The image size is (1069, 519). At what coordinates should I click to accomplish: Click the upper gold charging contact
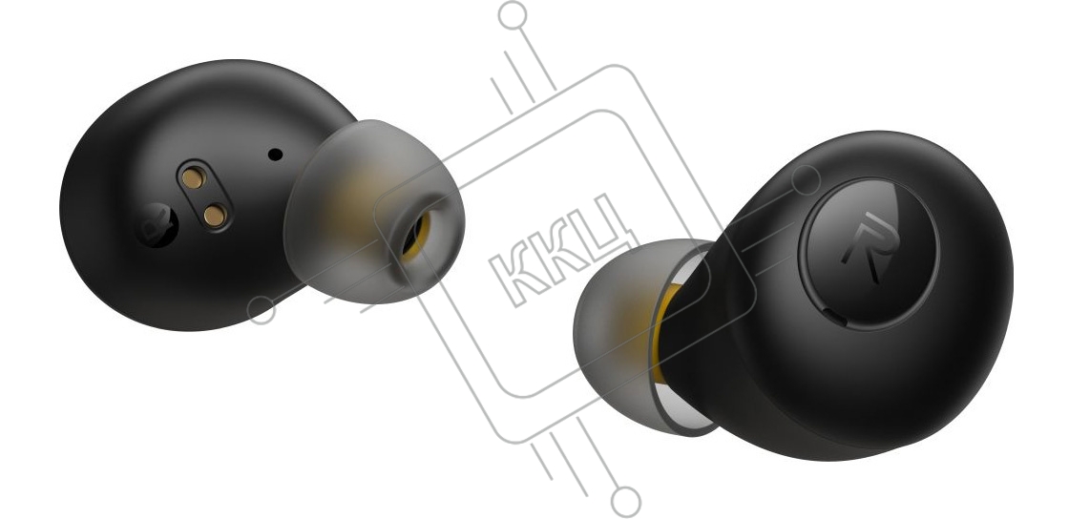194,177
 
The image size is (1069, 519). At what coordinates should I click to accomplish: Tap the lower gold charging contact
216,216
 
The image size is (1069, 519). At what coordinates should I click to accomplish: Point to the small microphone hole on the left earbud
276,155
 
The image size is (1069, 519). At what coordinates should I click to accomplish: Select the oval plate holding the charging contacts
204,196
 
